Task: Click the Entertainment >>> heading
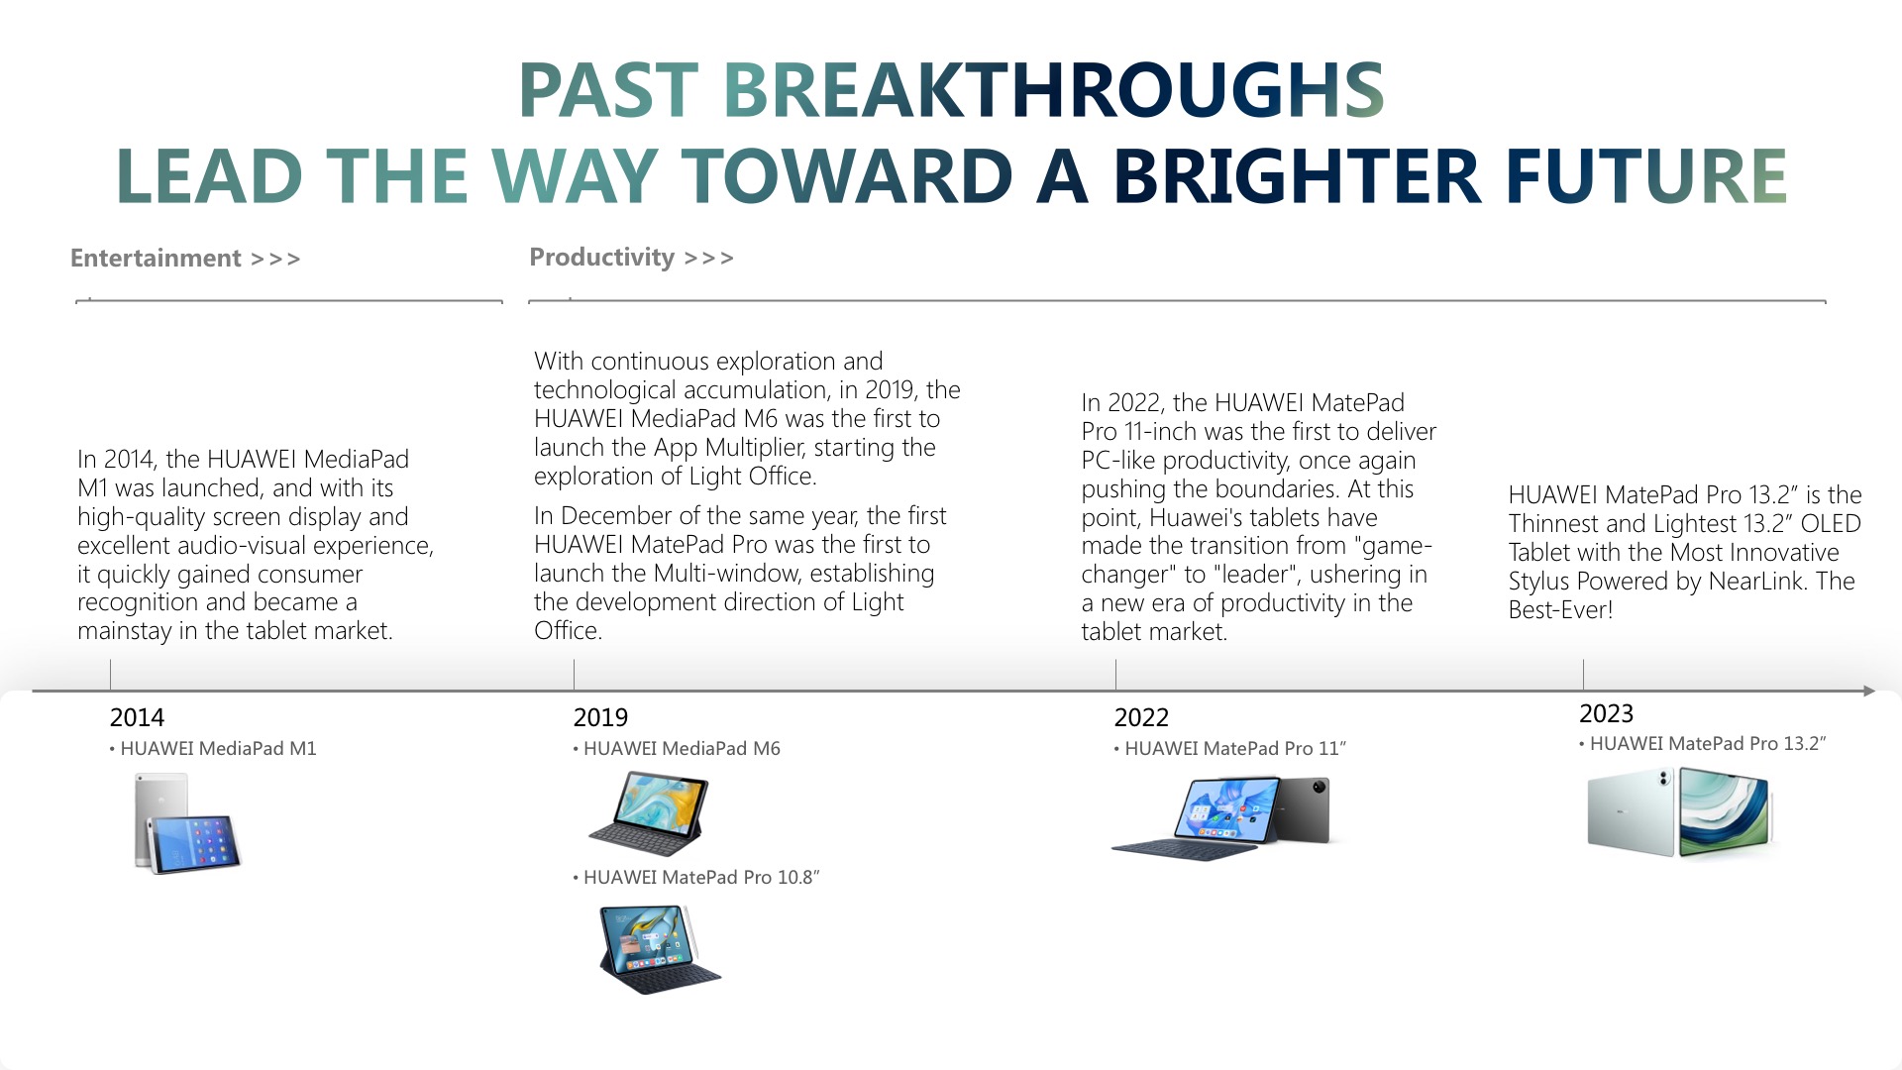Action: (185, 259)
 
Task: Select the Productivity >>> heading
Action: (632, 258)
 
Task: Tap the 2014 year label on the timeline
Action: (137, 717)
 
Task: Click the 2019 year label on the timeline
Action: (600, 717)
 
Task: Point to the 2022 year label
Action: (1141, 717)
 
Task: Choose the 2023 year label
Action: (1606, 713)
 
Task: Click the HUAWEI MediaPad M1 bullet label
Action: (213, 749)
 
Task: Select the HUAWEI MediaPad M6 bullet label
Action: (677, 749)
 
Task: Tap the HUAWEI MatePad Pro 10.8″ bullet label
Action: (696, 878)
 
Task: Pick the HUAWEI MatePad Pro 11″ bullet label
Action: (1230, 749)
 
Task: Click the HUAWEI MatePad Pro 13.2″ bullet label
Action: (1703, 744)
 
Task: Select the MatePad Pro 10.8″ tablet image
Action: (660, 949)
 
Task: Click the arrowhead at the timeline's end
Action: (1868, 691)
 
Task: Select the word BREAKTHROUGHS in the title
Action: (1053, 90)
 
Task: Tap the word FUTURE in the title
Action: (1646, 176)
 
